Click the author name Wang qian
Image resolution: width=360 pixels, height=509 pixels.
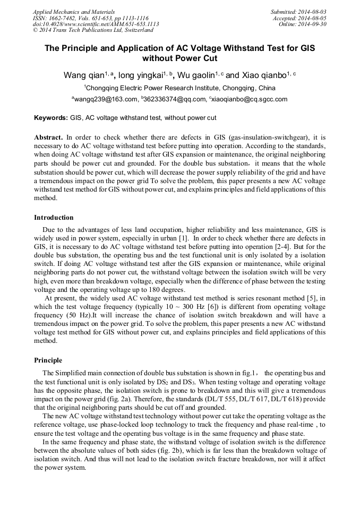[x=83, y=75]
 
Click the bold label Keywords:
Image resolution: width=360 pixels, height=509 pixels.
[x=51, y=117]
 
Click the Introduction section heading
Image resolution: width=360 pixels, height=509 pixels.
[x=54, y=218]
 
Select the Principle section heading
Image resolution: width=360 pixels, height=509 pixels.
[x=48, y=360]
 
